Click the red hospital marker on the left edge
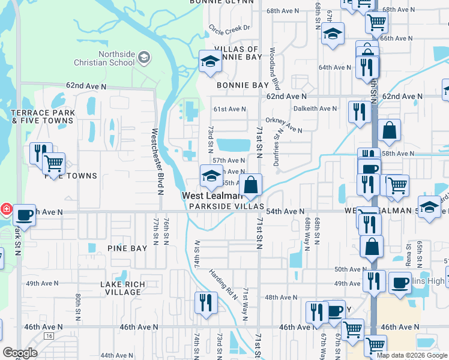click(5, 209)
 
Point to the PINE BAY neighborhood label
click(127, 248)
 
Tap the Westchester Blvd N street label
click(157, 161)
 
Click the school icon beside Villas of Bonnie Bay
click(210, 61)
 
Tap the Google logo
click(20, 353)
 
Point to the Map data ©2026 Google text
click(411, 355)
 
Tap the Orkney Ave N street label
click(284, 125)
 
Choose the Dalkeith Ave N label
click(315, 109)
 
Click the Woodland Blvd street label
click(275, 68)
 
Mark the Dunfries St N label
click(278, 145)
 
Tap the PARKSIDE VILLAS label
click(226, 206)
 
